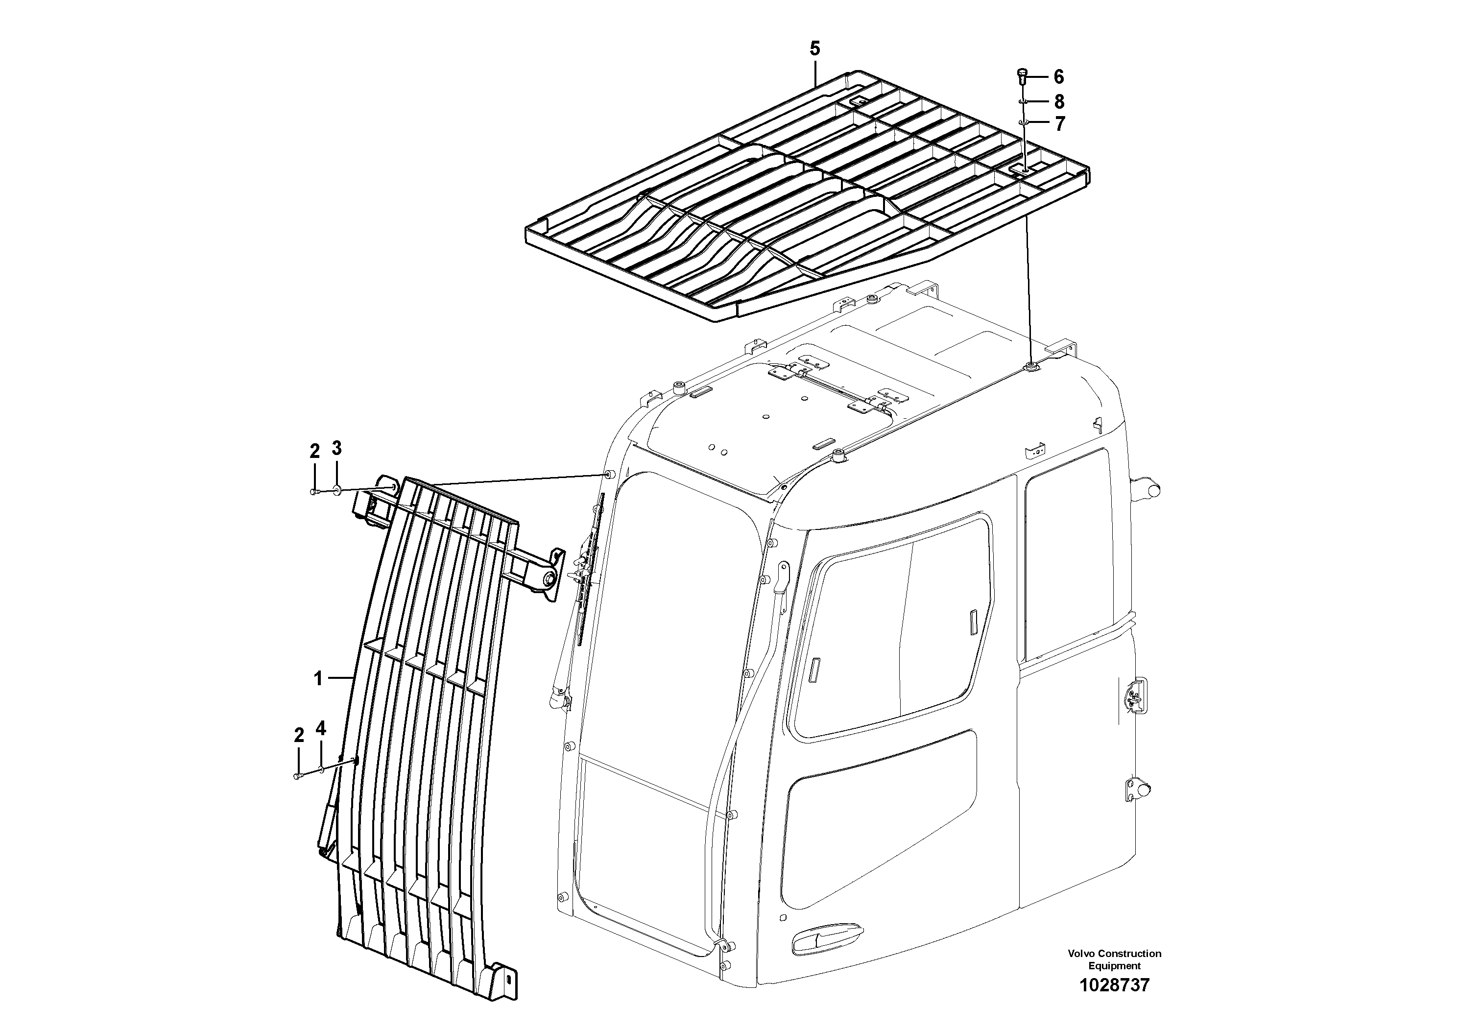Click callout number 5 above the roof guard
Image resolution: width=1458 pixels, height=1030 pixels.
[815, 49]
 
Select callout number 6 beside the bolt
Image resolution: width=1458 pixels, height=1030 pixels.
[1058, 77]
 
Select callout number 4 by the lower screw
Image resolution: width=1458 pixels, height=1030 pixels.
[321, 728]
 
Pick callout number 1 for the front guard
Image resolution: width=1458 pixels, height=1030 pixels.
[318, 679]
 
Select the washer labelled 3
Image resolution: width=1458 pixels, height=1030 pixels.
[337, 490]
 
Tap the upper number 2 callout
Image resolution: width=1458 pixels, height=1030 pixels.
[314, 452]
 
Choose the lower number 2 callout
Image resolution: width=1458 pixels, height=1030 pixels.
[298, 735]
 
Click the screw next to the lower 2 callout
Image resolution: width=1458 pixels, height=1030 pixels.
[298, 776]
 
